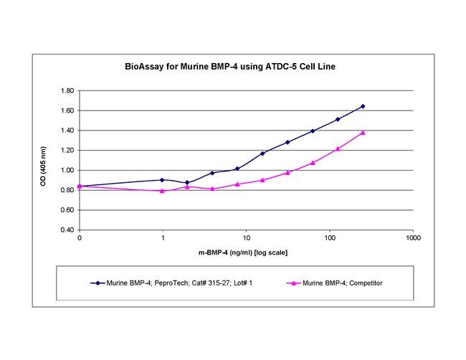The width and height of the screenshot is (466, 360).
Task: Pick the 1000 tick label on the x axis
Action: pos(412,238)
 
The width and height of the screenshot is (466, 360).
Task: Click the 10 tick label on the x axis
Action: pos(246,238)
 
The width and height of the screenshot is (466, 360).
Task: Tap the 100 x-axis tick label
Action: pos(329,238)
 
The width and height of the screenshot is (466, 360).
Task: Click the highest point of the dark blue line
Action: pos(363,106)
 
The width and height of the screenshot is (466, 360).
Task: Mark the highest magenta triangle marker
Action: pos(363,133)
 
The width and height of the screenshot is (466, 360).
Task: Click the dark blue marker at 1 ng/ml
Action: pos(162,180)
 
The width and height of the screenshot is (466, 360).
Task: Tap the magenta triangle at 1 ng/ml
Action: pos(162,191)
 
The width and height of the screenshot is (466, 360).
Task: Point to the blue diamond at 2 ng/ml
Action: pos(187,183)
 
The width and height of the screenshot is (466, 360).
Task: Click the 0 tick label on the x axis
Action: pos(79,238)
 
